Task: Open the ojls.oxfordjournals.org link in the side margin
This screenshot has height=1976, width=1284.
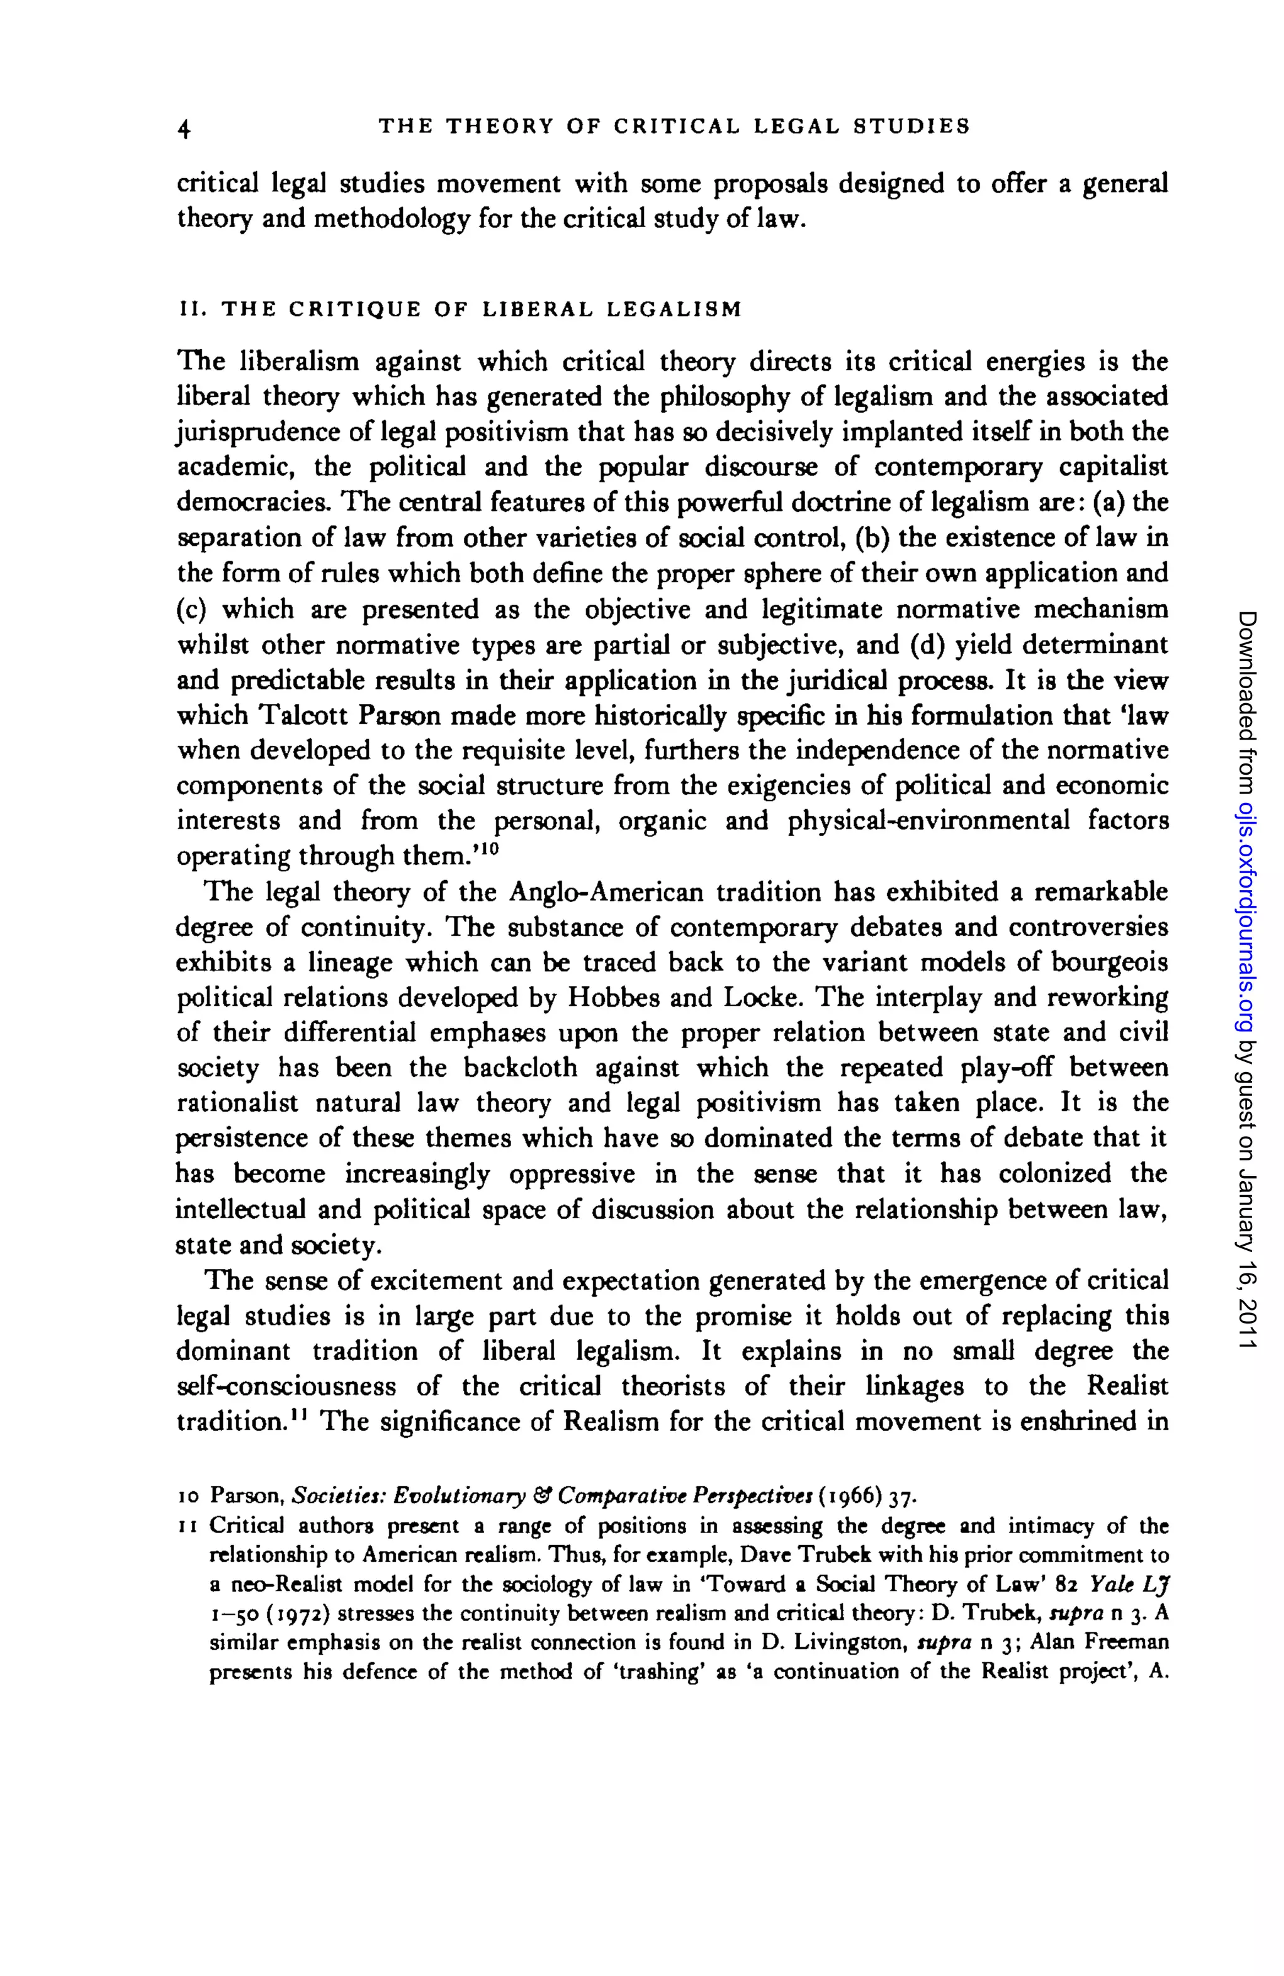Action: click(x=1248, y=916)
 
